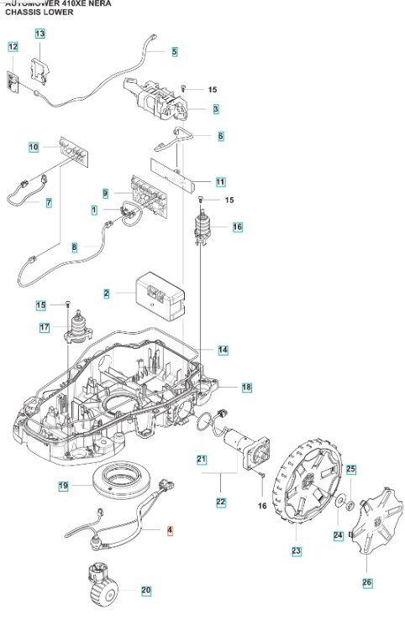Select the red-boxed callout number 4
coord(170,530)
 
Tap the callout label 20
coord(146,591)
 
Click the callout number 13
coord(40,33)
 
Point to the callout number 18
coord(246,387)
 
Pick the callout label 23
coord(295,550)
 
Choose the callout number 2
coord(107,294)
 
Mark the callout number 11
coord(220,181)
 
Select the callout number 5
coord(174,51)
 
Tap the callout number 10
coord(34,147)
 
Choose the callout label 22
coord(221,502)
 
